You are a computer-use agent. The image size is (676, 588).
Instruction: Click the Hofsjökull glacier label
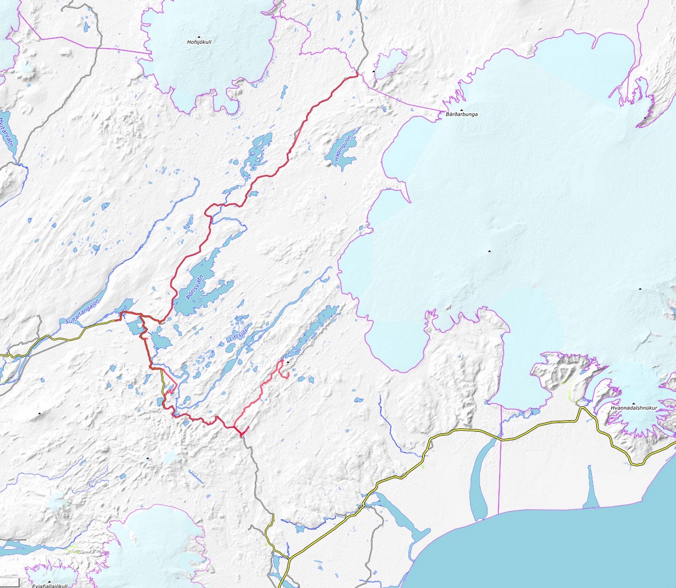(x=199, y=42)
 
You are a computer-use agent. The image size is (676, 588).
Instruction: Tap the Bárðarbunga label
(x=461, y=114)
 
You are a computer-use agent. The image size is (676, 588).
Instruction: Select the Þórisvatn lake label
(x=195, y=289)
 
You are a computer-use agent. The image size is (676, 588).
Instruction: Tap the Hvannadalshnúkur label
(x=633, y=408)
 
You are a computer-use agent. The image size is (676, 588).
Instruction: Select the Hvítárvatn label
(x=7, y=132)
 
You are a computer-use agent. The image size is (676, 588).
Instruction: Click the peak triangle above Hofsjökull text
(x=199, y=36)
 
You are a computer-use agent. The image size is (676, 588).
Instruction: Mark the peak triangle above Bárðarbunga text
(x=461, y=109)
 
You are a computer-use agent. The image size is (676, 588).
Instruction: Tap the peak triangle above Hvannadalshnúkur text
(x=634, y=403)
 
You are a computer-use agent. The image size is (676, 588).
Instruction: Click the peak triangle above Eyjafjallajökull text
(x=50, y=580)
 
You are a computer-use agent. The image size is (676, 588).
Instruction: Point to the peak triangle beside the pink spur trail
(x=288, y=362)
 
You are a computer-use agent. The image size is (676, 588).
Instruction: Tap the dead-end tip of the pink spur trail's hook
(x=286, y=378)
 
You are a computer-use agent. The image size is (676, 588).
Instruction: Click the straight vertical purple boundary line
(x=500, y=459)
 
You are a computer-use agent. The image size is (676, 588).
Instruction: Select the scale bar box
(x=10, y=582)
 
